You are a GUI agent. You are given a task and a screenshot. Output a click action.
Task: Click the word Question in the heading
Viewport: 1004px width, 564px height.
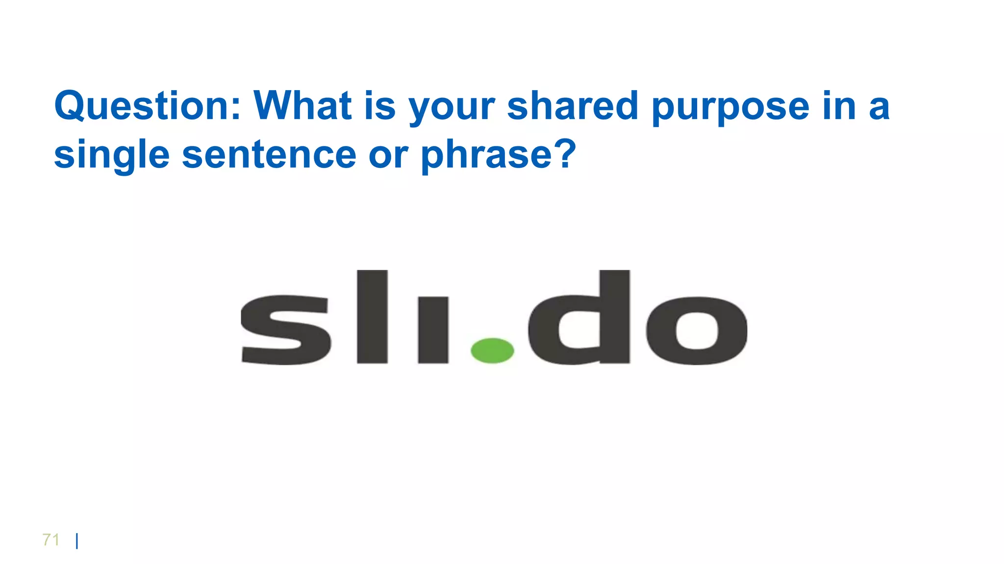[x=147, y=106]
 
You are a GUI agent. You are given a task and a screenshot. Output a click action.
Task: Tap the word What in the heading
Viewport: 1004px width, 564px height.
[x=302, y=106]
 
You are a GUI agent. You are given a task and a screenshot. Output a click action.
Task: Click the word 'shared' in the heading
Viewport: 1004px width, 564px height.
[x=573, y=106]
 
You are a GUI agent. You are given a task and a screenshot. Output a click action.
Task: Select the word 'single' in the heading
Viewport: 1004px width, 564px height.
[x=112, y=156]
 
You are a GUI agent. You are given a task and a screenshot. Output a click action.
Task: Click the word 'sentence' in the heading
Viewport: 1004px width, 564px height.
[x=269, y=155]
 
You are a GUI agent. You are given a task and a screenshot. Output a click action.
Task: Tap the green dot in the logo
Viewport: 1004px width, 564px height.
[x=492, y=351]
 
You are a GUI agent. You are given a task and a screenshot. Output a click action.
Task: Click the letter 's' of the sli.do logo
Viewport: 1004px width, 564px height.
[x=285, y=329]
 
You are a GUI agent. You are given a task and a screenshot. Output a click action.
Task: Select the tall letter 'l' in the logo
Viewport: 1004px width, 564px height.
[x=373, y=317]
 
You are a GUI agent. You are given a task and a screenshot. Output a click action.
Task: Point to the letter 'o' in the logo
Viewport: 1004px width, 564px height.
[x=697, y=330]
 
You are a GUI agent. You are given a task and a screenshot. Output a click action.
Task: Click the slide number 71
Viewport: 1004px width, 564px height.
[x=51, y=540]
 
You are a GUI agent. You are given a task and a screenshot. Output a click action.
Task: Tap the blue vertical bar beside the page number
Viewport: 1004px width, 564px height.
[x=77, y=541]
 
